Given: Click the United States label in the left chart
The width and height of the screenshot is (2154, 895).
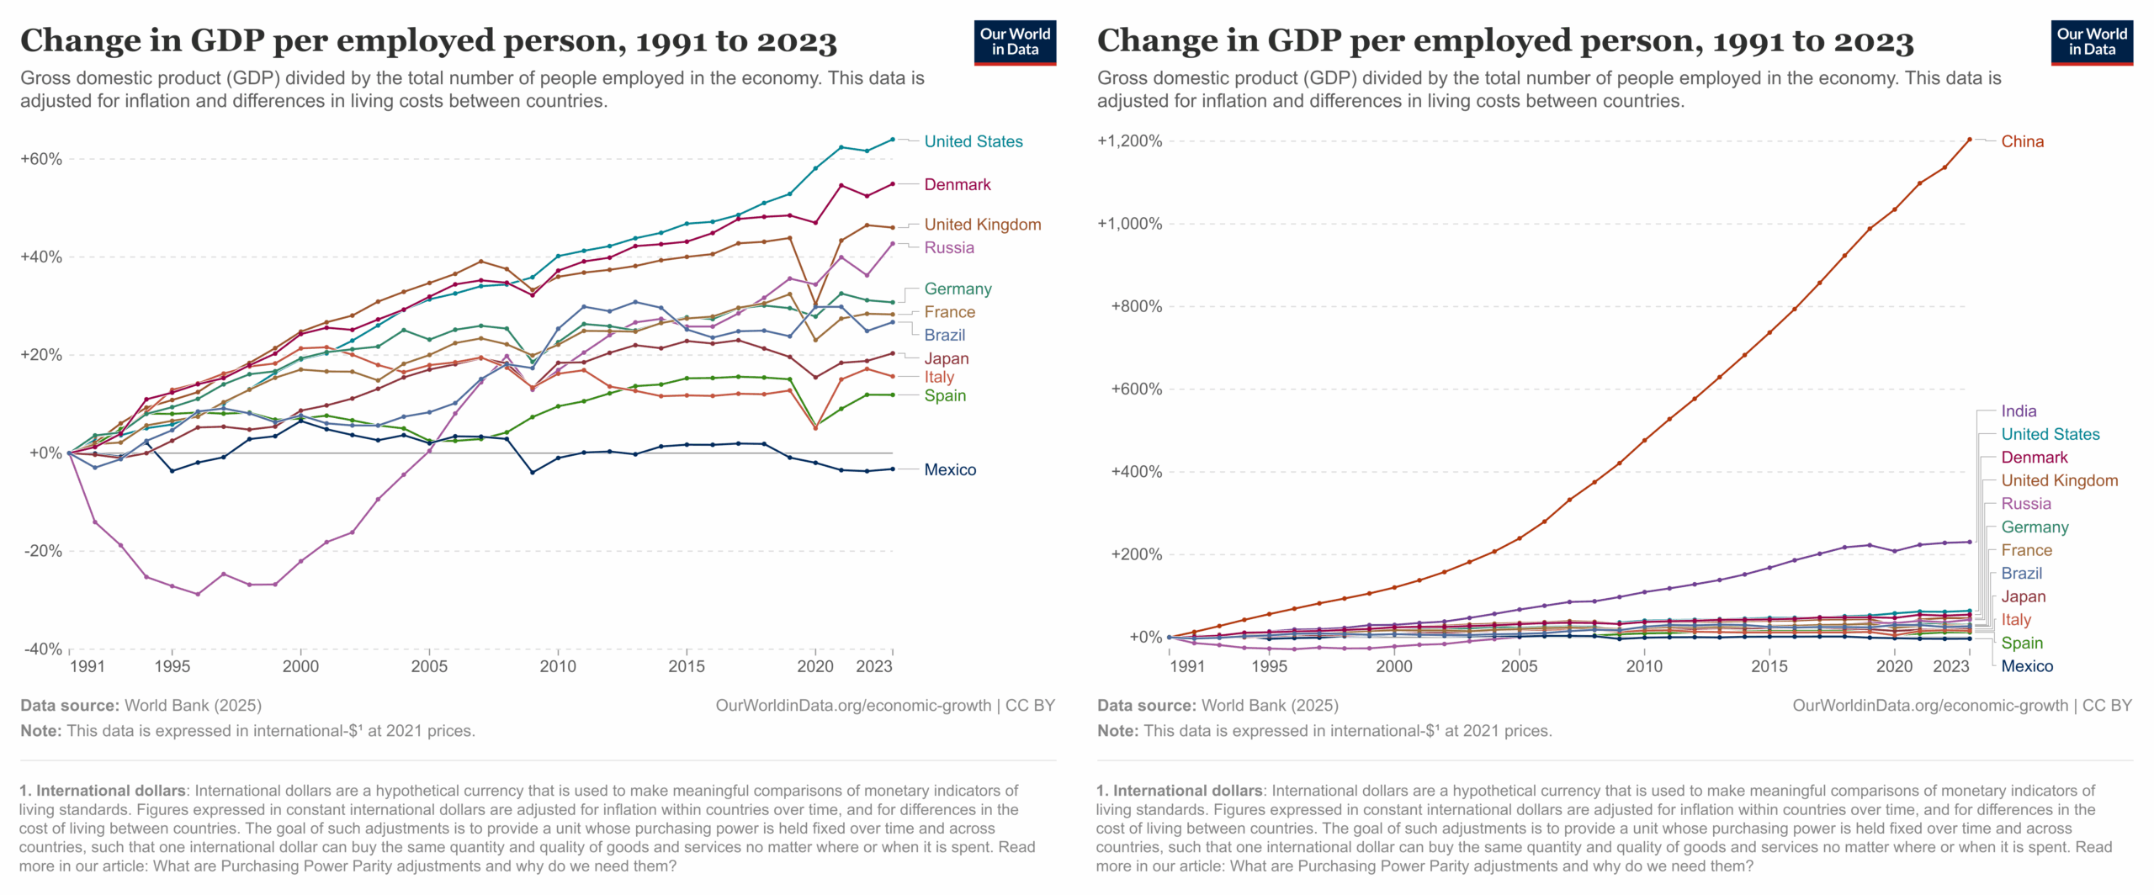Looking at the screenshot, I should [973, 141].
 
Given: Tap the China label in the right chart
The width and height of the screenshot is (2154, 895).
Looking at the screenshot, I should [2022, 141].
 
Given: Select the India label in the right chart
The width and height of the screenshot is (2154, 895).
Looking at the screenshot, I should [2019, 411].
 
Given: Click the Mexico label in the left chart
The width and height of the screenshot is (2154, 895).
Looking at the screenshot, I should [950, 469].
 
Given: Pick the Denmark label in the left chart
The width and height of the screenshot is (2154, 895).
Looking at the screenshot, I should [957, 184].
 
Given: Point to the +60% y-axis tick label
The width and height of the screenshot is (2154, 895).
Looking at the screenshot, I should [41, 159].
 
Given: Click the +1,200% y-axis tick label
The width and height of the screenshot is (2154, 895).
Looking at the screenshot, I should [1129, 140].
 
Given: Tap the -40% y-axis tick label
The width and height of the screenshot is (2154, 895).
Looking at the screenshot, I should [43, 649].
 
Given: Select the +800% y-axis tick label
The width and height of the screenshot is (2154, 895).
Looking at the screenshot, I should [1136, 306].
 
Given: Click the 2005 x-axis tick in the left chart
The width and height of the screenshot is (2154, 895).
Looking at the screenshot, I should [429, 666].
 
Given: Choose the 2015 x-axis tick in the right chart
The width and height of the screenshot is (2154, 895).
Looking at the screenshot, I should [1769, 666].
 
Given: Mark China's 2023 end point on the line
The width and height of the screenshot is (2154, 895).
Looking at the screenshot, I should [1970, 139].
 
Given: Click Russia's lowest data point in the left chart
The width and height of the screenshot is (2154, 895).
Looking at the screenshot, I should [198, 594].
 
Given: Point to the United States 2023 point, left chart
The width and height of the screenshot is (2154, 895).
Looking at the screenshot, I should [893, 139].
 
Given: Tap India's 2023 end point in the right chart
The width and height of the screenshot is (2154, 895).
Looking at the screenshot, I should [1970, 542].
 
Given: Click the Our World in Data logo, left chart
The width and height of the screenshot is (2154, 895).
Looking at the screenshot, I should [1015, 42].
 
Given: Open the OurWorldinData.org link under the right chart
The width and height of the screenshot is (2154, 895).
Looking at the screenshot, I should [1929, 705].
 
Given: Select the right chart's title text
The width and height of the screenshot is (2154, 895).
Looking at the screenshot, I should [1504, 40].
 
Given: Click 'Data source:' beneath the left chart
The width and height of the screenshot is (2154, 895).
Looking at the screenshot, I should [70, 705].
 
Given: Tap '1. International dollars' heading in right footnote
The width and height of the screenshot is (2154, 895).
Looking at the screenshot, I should [1179, 791].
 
